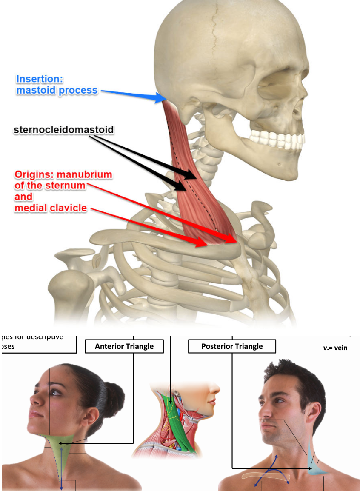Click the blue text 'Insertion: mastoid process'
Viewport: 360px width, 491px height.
click(x=57, y=85)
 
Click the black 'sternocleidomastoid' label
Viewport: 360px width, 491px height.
click(x=63, y=129)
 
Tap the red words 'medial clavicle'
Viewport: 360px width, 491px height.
click(x=51, y=208)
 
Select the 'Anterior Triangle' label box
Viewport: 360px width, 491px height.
click(x=124, y=346)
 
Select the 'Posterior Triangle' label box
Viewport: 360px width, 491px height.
click(x=232, y=346)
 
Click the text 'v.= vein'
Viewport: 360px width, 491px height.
click(x=335, y=348)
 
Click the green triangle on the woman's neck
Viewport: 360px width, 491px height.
click(x=63, y=451)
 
